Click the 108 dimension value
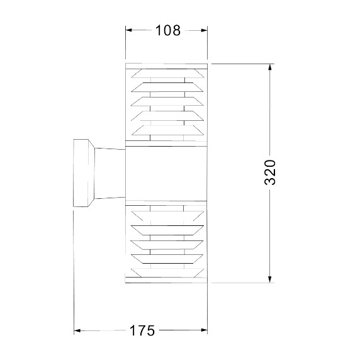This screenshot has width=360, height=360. [168, 30]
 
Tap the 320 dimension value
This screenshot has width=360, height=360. [270, 172]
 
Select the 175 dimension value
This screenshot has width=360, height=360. [142, 330]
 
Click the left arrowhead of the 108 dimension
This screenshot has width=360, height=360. [128, 30]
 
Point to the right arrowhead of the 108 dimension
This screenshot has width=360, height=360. [204, 30]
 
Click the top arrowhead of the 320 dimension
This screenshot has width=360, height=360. [270, 67]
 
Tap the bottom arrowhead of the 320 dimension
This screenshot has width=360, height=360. [270, 279]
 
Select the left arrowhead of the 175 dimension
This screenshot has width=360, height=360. [77, 330]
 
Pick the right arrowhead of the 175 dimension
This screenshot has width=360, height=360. [204, 330]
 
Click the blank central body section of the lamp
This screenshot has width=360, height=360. [166, 174]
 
